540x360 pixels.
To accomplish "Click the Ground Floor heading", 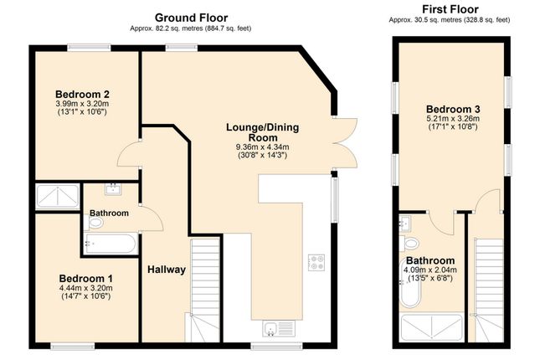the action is (191, 18).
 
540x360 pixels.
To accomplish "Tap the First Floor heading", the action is (450, 9).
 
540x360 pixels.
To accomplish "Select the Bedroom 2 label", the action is (82, 94).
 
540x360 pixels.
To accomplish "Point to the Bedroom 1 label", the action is (85, 278).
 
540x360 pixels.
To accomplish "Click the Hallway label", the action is (167, 270).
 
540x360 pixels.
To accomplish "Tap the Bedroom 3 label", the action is (453, 109).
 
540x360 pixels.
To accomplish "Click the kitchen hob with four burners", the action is (316, 263).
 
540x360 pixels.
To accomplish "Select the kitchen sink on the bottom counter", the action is (279, 328).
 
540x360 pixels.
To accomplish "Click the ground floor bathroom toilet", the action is (93, 223).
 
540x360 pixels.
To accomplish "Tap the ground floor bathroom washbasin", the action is (113, 189).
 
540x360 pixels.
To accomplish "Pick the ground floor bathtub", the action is (111, 244).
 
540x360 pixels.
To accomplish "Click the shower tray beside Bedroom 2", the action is (58, 197).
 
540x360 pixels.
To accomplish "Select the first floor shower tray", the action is (432, 327).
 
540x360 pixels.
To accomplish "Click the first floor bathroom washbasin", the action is (405, 223).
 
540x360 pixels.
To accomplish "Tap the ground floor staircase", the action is (205, 290).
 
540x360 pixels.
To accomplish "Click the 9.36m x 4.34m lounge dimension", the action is (262, 147).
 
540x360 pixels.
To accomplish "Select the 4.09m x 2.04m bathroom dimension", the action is (430, 270).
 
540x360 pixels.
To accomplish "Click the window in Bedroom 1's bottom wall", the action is (73, 346).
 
